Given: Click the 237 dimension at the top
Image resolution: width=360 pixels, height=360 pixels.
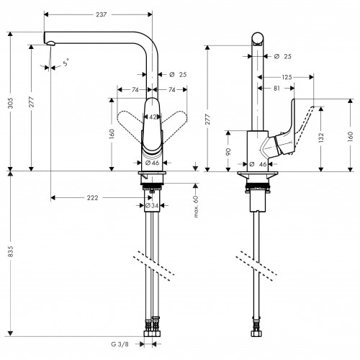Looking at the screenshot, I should click(99, 6).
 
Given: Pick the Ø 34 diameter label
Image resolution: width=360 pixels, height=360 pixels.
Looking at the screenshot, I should click(152, 207).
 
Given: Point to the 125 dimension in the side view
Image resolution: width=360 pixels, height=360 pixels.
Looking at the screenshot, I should click(286, 77).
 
